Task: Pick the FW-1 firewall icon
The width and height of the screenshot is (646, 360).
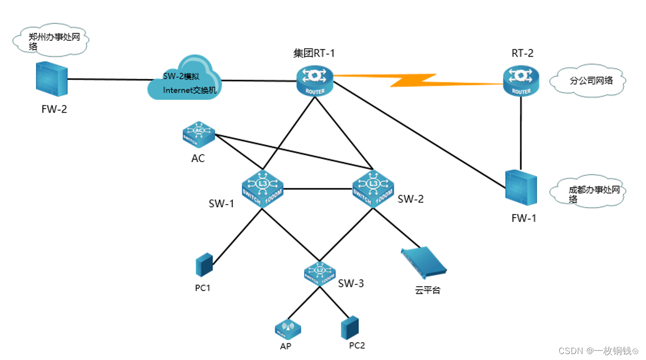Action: (520, 188)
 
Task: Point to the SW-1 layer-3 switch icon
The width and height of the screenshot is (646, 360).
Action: (261, 187)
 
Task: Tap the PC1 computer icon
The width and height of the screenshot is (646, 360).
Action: (204, 265)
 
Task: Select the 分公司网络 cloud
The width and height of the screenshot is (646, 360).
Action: (587, 81)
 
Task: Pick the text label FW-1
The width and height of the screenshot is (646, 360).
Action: (524, 218)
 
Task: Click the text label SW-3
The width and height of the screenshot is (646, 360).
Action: (351, 283)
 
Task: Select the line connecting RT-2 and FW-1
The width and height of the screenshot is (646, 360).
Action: (521, 132)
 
